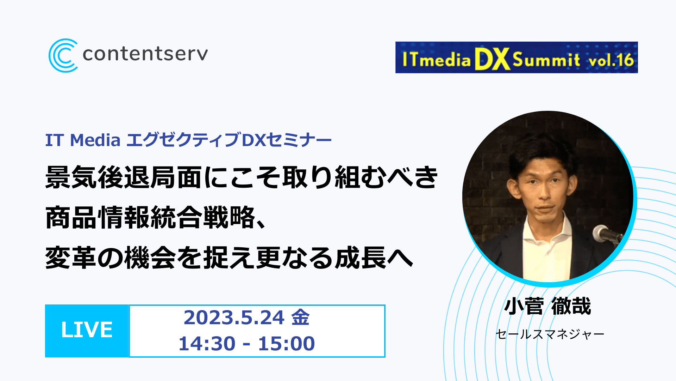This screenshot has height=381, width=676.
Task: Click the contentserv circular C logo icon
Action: coord(63,55)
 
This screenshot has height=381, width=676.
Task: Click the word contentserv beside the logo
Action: coord(145,54)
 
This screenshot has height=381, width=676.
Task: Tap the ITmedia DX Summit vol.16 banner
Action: coord(517,58)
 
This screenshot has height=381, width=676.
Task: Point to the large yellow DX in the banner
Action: coord(492,59)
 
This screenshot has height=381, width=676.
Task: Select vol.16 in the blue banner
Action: coord(611,60)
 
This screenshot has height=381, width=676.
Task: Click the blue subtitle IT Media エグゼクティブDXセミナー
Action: coord(188,140)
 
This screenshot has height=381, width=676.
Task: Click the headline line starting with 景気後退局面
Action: coord(242,177)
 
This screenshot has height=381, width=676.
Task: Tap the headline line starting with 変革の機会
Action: coord(229,258)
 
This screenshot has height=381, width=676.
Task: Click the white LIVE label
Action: coord(87,330)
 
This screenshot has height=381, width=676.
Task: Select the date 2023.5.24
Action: coord(234,317)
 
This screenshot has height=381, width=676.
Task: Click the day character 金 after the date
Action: coord(301,317)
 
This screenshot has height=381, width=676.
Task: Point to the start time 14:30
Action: coord(207,344)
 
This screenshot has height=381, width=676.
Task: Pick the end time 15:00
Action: coord(286,344)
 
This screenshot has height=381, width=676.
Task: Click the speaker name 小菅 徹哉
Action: coord(547,306)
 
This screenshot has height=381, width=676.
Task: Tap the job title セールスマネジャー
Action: coord(550,334)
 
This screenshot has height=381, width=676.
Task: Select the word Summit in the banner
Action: coord(546,60)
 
